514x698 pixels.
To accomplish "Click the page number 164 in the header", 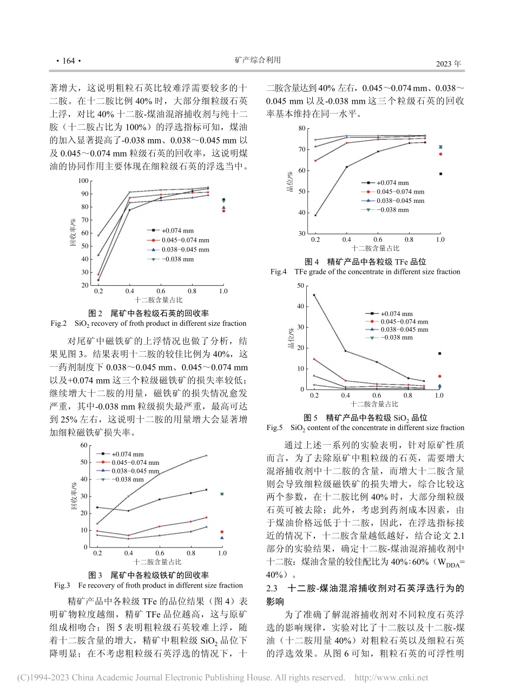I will point(69,61).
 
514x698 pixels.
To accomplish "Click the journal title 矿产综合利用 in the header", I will point(258,60).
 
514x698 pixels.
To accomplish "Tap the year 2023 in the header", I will point(449,64).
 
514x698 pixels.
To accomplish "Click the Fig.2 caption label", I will point(58,324).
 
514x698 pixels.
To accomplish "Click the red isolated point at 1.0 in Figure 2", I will point(223,210).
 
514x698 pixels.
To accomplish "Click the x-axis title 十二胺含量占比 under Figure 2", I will point(159,299).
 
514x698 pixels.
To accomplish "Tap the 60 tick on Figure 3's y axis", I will point(83,445).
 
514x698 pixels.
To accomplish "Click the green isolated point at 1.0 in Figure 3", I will point(222,494).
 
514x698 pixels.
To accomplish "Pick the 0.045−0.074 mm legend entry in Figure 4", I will point(400,192).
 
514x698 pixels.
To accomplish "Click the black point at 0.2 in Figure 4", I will point(315,215).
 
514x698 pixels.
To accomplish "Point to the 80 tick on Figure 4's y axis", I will point(302,128).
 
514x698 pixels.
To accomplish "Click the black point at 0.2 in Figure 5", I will point(314,295).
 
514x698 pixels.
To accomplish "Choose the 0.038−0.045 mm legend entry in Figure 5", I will point(404,330).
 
